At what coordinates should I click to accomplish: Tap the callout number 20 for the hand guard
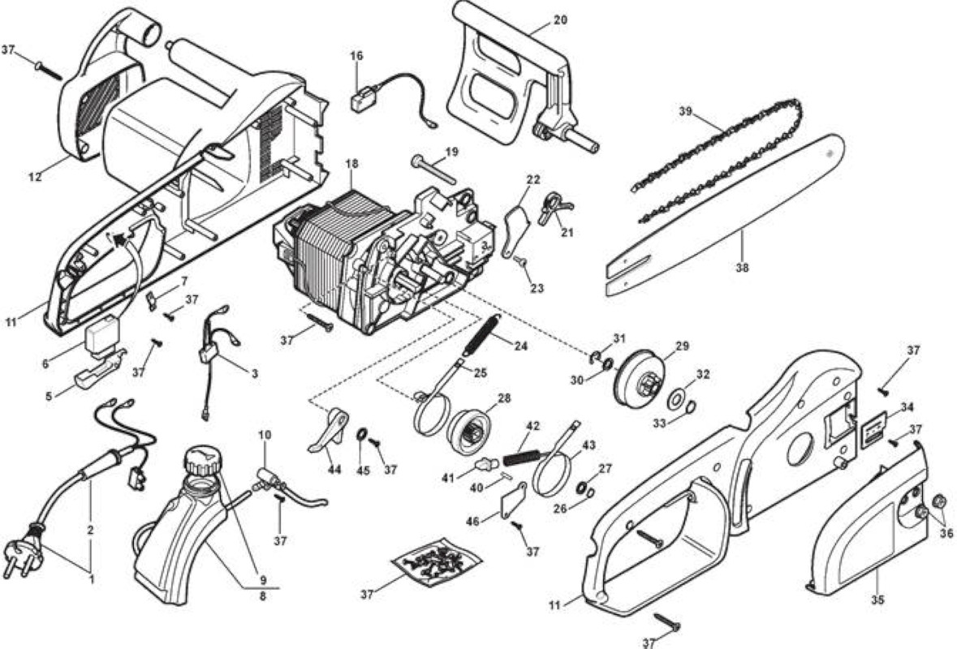560,19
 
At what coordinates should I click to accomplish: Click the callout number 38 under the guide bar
742,267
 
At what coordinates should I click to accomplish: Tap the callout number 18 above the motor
352,164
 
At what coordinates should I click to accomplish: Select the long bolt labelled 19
434,170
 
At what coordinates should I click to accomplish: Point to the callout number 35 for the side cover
877,600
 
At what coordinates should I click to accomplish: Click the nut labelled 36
938,504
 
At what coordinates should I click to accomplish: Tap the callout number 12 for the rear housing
36,177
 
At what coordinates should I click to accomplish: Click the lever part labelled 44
328,430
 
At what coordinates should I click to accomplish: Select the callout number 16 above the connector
356,55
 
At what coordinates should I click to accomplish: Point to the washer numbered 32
676,400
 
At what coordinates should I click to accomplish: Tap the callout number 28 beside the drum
504,399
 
